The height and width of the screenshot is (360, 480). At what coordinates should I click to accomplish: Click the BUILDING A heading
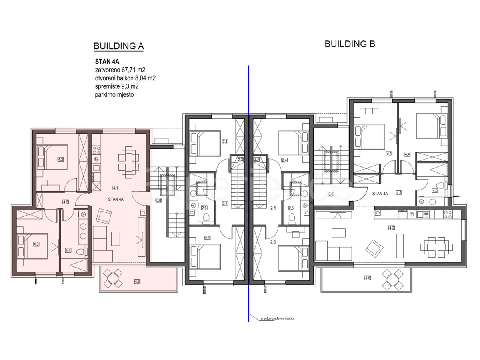click(x=118, y=46)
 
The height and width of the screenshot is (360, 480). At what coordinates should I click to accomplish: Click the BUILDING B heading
click(x=350, y=44)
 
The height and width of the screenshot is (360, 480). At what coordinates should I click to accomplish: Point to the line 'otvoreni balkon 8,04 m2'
click(x=125, y=78)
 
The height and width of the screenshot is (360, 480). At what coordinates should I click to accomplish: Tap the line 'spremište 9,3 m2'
click(x=117, y=86)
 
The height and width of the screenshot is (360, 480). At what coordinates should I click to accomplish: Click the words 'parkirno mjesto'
click(x=114, y=95)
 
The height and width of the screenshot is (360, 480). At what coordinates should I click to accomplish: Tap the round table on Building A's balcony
click(x=114, y=278)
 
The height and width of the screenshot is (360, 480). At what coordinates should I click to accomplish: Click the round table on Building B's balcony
click(x=392, y=279)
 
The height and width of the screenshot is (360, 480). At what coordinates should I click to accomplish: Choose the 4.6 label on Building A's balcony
click(x=138, y=282)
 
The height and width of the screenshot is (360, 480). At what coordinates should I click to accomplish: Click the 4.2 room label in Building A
click(x=61, y=159)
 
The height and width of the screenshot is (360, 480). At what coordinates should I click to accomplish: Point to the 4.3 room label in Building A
click(x=36, y=244)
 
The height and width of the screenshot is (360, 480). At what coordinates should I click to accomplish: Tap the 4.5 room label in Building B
click(x=435, y=191)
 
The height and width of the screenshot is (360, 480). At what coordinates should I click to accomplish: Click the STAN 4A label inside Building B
click(x=380, y=194)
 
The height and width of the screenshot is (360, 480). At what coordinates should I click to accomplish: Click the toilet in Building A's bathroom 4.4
click(x=82, y=252)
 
